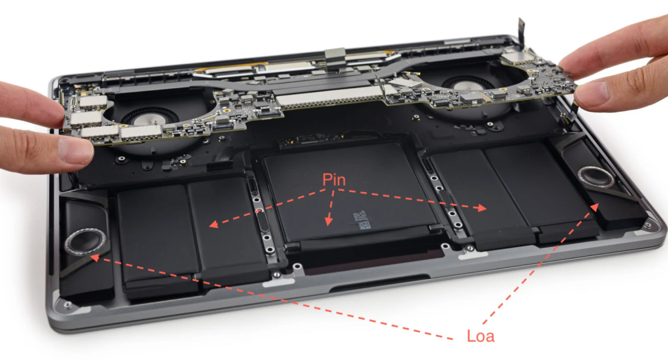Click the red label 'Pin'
(334, 180)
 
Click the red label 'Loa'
(481, 337)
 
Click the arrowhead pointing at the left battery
(212, 225)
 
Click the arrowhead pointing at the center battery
(328, 223)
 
